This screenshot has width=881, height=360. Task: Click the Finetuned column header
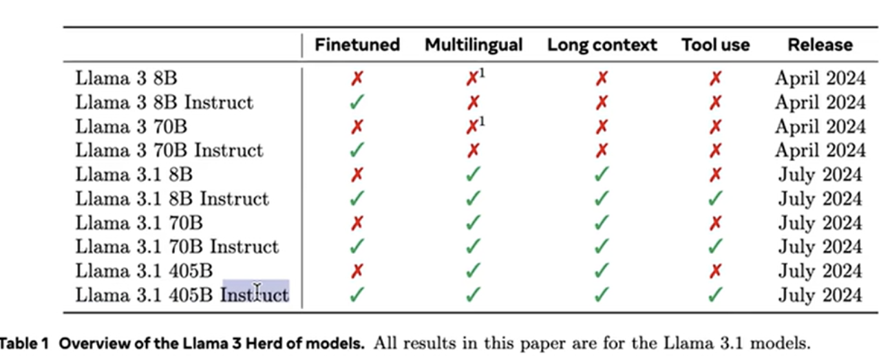coord(357,45)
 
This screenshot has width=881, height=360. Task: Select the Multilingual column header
coord(474,45)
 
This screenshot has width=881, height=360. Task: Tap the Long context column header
coord(602,45)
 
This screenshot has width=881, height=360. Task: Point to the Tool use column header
coord(715,45)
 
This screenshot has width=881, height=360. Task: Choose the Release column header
coord(820,45)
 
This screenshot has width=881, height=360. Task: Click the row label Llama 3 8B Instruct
coord(164,103)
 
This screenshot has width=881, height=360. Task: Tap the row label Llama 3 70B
coord(131,127)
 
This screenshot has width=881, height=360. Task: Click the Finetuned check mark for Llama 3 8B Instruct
coord(357,103)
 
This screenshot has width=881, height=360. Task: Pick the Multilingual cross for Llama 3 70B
coord(473,127)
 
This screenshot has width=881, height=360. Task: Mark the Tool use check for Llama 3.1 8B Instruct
coord(716,199)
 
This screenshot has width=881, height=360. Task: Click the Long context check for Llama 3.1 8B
coord(602,175)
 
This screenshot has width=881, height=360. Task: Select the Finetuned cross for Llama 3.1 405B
coord(357,271)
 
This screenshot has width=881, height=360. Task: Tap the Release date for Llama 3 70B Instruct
coord(820,151)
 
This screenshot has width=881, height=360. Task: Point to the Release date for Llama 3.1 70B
coord(820,223)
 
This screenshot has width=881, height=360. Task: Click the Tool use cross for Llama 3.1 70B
coord(716,223)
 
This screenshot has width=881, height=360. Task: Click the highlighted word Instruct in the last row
coord(255,295)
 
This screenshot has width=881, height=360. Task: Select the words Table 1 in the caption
coord(25,343)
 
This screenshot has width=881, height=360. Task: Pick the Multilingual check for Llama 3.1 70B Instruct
coord(473,247)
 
